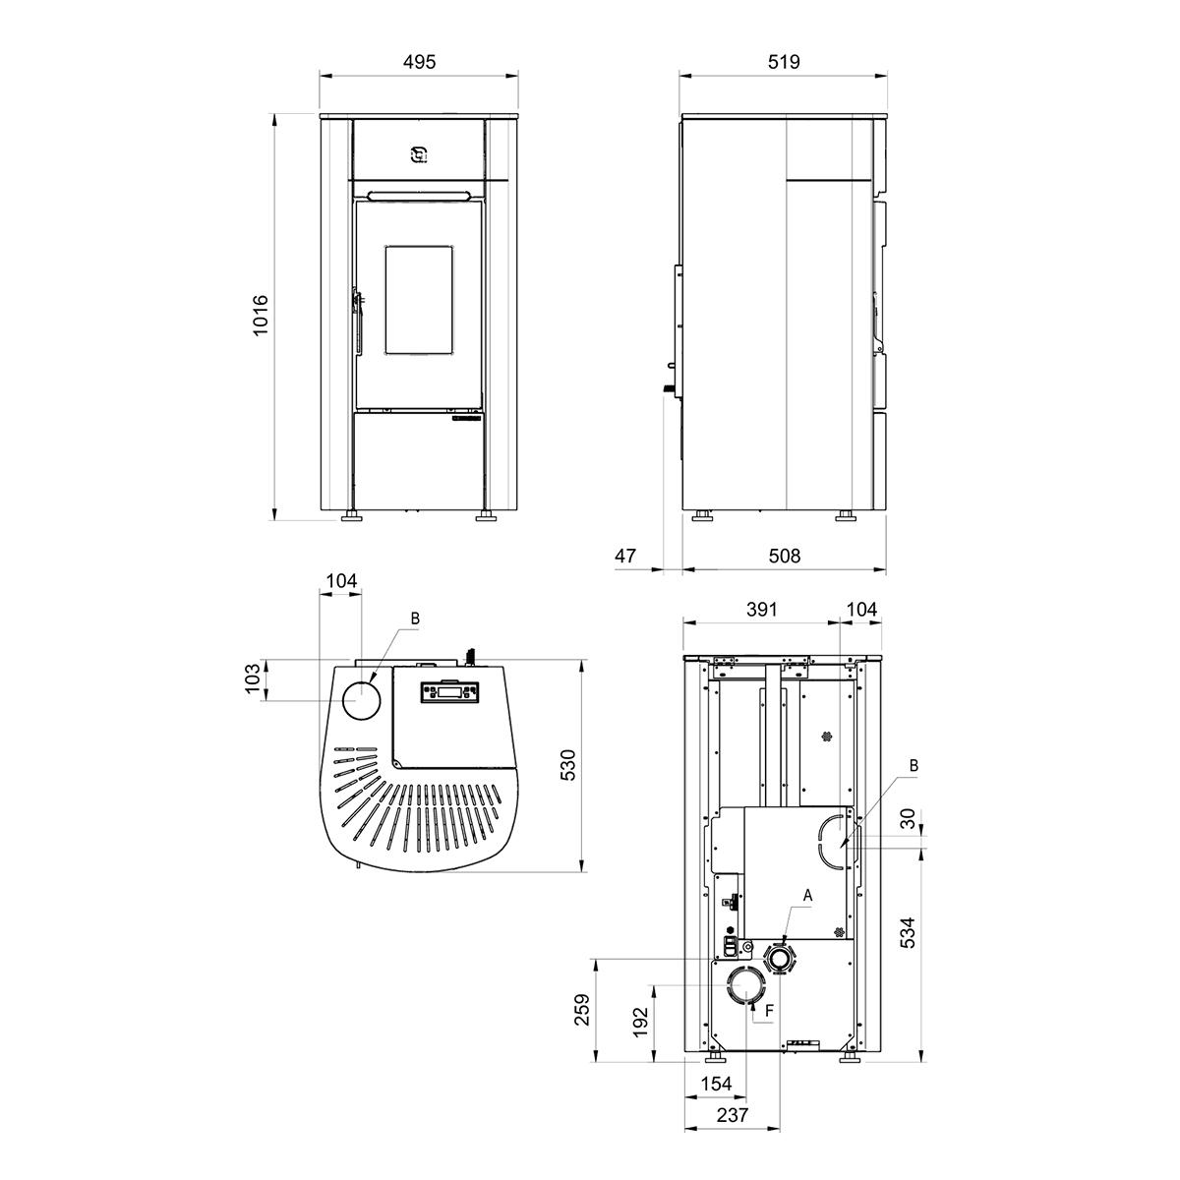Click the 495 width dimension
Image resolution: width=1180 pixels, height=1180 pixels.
pos(420,62)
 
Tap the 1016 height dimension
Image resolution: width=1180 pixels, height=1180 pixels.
pos(261,316)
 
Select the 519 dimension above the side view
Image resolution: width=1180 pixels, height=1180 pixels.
pos(784,62)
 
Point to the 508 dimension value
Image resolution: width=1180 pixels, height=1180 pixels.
pos(784,556)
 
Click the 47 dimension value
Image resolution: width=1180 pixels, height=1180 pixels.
pos(625,556)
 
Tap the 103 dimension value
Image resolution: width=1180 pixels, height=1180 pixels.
pos(253,678)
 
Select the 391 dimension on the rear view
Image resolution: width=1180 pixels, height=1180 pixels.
pos(762,610)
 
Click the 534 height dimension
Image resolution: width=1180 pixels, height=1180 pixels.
pos(909,932)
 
